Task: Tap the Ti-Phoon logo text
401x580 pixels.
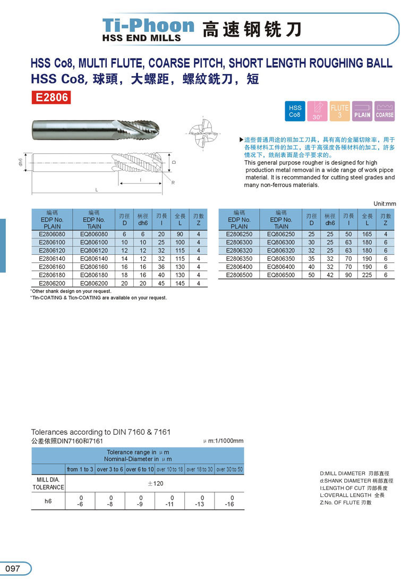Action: tap(148, 25)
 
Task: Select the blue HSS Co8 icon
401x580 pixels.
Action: tap(295, 111)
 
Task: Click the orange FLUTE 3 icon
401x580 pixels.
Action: tap(339, 111)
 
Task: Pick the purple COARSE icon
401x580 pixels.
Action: tap(385, 111)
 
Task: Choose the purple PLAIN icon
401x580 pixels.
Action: tap(362, 111)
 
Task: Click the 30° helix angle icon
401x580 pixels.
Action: tap(317, 111)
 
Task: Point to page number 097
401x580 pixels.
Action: tap(13, 568)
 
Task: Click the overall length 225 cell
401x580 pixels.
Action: tap(367, 275)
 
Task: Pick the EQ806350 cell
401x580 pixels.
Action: tap(280, 259)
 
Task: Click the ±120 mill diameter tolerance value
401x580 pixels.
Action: tap(155, 483)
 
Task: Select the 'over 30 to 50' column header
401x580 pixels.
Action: tap(229, 469)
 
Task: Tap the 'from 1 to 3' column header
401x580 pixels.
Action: tap(80, 469)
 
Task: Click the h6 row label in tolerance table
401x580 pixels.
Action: tap(48, 501)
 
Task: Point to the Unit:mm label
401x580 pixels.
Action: tap(385, 203)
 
